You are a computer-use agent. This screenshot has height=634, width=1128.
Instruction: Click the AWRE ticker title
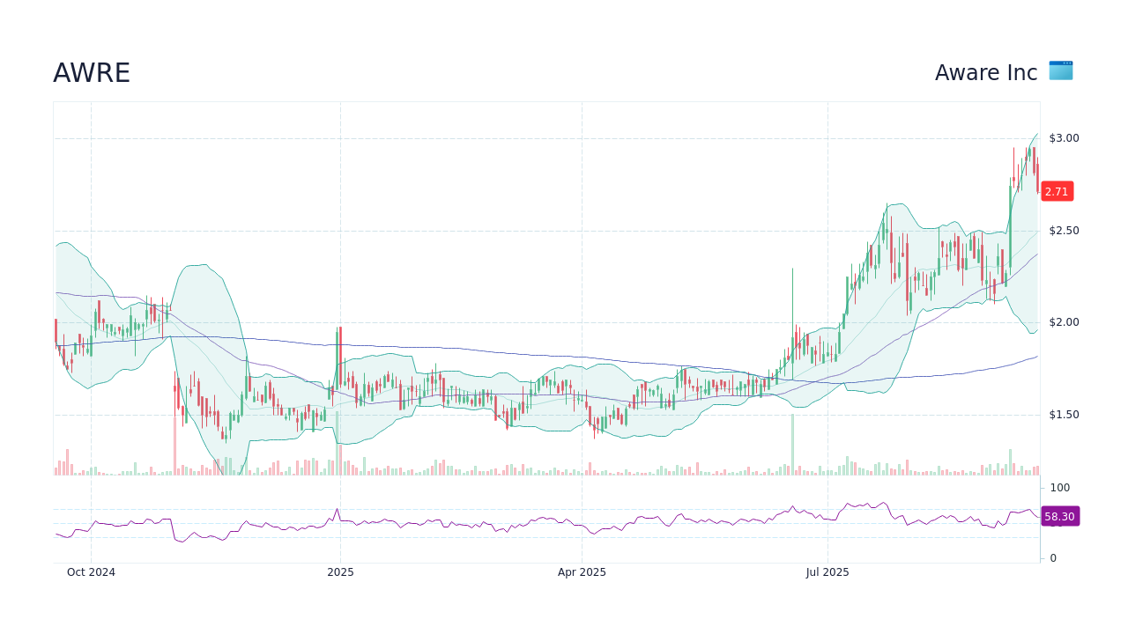click(x=92, y=73)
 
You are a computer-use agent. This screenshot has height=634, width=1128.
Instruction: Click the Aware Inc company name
click(x=986, y=73)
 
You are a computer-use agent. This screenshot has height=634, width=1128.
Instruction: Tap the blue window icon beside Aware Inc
click(x=1060, y=70)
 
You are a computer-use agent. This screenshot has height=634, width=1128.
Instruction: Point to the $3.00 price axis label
click(x=1064, y=138)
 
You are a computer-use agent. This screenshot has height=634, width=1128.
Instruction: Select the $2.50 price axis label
click(x=1064, y=231)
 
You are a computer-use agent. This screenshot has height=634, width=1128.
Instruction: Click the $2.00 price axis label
click(x=1064, y=322)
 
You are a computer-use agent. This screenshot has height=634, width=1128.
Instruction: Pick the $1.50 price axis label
click(x=1064, y=415)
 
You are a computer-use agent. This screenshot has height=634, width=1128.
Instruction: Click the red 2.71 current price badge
click(x=1057, y=191)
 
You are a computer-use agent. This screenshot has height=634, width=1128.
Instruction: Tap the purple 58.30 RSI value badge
click(x=1059, y=517)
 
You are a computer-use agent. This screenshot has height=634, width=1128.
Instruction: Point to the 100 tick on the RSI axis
click(x=1059, y=488)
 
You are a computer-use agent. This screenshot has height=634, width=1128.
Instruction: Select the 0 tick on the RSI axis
click(x=1052, y=557)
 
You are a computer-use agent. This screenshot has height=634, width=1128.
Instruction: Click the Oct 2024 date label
click(x=91, y=572)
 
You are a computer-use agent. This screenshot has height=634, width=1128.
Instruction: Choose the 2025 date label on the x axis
click(x=340, y=572)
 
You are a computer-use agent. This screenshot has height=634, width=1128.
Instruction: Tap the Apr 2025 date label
click(x=582, y=572)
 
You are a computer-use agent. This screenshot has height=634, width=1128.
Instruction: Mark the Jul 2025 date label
click(x=827, y=572)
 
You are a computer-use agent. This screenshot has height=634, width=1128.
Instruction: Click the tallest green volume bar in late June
click(x=792, y=446)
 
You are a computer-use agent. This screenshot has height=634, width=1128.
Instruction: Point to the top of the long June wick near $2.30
click(x=792, y=269)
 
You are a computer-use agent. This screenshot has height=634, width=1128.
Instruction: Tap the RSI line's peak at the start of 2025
click(x=337, y=509)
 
